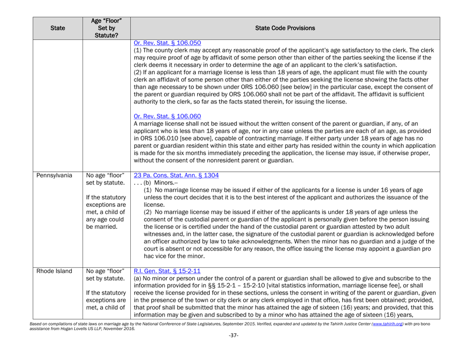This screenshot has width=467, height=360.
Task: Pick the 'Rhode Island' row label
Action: coord(24,296)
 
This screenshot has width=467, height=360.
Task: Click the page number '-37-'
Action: coord(233,352)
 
